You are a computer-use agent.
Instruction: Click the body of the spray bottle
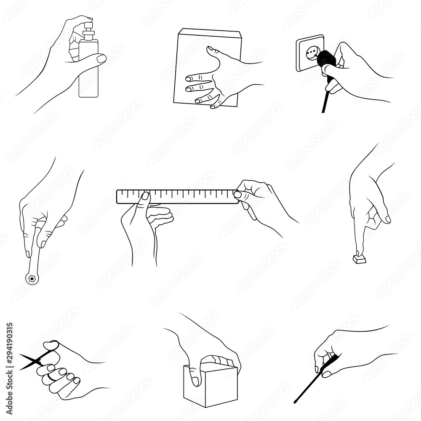88,80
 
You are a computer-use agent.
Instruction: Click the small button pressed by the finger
359,259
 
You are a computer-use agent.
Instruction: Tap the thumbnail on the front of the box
195,381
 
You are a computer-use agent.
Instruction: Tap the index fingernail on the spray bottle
101,59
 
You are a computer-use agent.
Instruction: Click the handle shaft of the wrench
35,257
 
